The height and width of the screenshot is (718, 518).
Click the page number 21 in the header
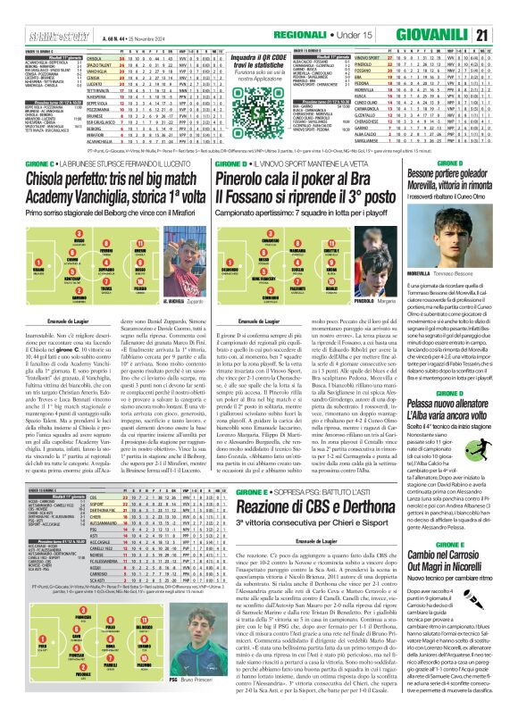pyautogui.click(x=505, y=12)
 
